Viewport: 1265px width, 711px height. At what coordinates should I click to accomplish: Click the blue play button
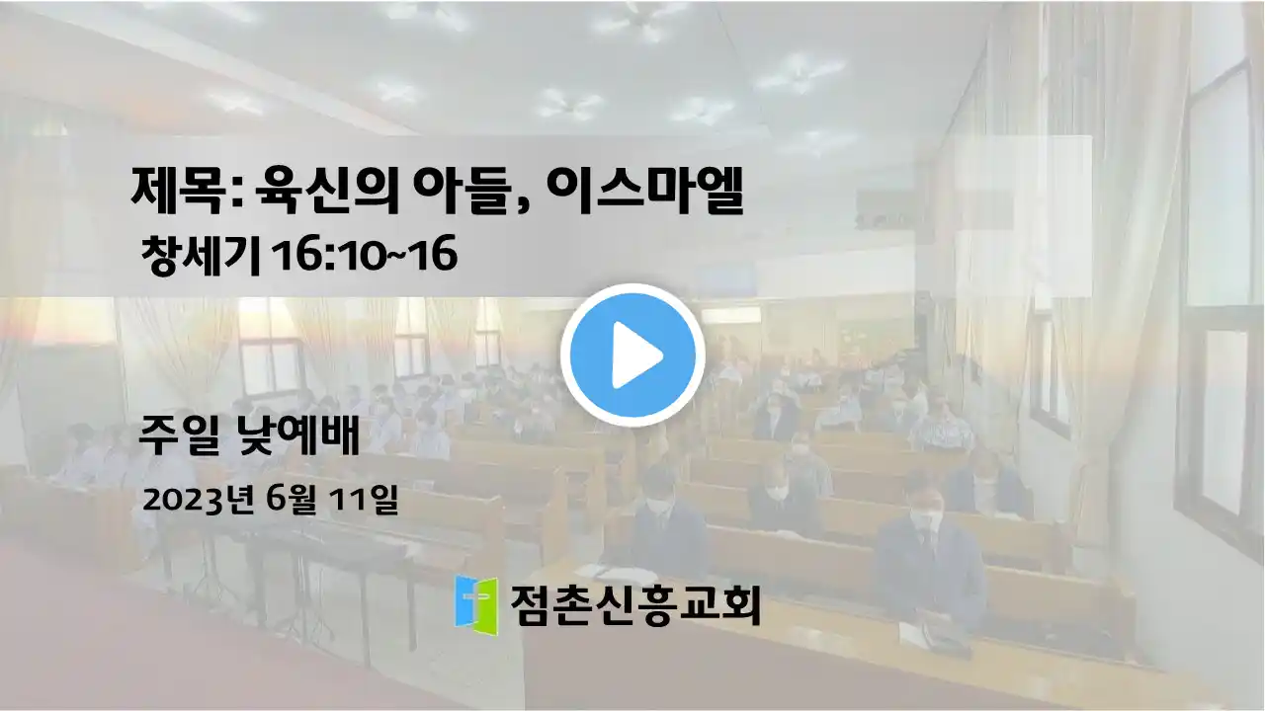[632, 355]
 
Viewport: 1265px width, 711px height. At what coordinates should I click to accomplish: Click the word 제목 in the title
[176, 191]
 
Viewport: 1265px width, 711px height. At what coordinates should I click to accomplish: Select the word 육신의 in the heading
[327, 191]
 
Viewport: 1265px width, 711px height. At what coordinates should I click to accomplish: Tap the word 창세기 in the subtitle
[201, 255]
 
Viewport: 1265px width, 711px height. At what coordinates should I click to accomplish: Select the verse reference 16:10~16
[365, 255]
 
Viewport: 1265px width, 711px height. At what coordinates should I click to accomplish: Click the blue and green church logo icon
[476, 605]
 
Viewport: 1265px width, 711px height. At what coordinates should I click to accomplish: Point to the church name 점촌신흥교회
[635, 605]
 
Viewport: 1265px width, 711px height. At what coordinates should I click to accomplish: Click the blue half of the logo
[465, 602]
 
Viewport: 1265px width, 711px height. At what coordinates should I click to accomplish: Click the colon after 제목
[237, 193]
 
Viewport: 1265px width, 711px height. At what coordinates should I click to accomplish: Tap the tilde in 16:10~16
[393, 256]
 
